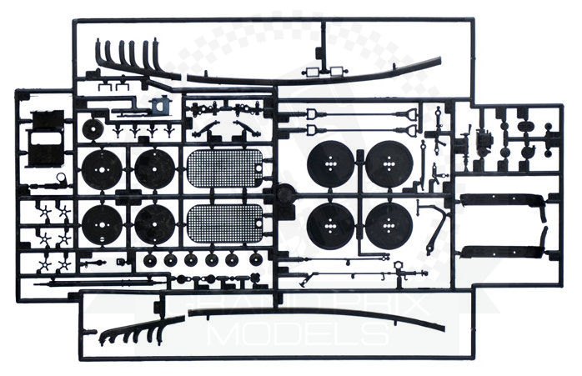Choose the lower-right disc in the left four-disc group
tap(155, 223)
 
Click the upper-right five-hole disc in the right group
tap(389, 165)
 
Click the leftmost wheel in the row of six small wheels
tap(149, 260)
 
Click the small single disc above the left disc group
tap(93, 129)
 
